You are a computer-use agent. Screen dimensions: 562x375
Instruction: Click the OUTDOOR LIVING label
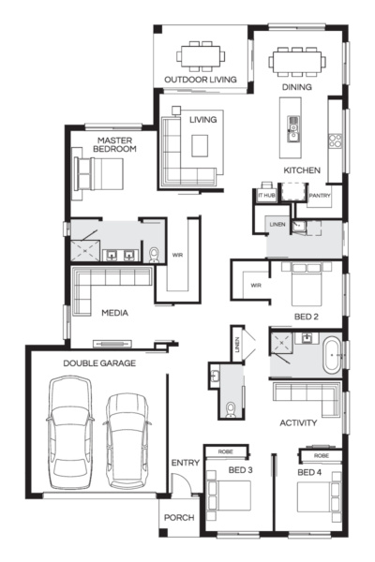coord(201,80)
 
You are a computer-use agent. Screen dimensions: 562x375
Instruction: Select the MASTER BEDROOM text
coord(117,144)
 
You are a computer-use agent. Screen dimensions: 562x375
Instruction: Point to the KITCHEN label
coord(303,170)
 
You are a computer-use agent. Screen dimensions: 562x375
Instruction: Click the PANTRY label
coord(320,196)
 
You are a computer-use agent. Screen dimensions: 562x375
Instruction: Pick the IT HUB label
coord(266,196)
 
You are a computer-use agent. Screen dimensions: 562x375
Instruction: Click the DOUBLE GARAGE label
coord(99,362)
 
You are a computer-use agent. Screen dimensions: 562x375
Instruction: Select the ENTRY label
coord(184,464)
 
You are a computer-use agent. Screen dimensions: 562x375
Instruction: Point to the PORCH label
coord(178,518)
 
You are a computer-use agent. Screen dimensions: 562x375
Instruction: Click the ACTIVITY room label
coord(298,423)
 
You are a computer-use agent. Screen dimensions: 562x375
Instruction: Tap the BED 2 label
coord(307,317)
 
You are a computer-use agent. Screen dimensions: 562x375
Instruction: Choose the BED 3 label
coord(241,469)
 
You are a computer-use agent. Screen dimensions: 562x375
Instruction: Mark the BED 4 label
coord(310,472)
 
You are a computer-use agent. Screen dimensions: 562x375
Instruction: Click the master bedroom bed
coord(104,173)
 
